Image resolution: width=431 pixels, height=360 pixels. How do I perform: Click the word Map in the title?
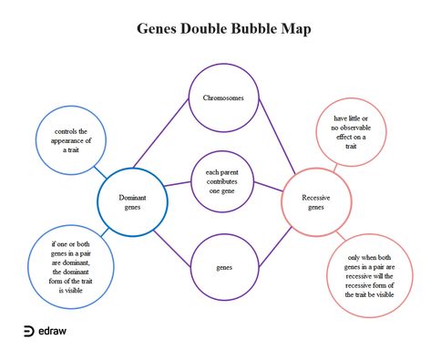[x=296, y=29]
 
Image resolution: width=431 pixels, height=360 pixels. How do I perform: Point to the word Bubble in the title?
[x=253, y=28]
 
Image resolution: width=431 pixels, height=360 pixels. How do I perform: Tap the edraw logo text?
[x=53, y=331]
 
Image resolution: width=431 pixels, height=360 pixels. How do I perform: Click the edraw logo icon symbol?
[x=29, y=331]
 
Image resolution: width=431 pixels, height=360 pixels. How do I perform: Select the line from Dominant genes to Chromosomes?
[x=161, y=133]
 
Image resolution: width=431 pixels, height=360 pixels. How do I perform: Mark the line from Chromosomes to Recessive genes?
[x=277, y=137]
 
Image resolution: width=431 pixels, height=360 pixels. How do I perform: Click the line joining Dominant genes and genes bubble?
[x=172, y=249]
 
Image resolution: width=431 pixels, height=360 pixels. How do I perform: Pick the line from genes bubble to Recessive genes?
[x=275, y=247]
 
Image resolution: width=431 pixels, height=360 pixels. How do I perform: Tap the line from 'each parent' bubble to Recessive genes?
[x=269, y=187]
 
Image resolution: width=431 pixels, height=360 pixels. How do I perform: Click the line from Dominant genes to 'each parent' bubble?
[x=178, y=184]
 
